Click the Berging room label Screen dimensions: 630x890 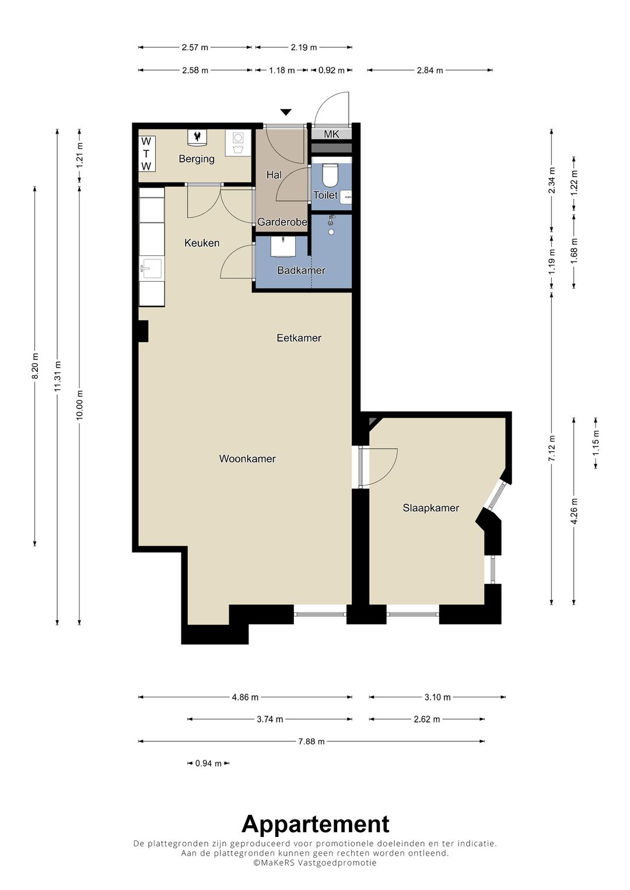[197, 159]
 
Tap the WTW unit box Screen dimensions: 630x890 [146, 153]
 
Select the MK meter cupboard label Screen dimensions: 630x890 [331, 134]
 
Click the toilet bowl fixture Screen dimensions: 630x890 [330, 175]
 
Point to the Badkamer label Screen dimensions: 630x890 [301, 270]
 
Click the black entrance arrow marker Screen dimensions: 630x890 [286, 112]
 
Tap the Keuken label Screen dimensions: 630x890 [202, 243]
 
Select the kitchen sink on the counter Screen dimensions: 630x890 [151, 269]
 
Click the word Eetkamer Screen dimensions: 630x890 [299, 338]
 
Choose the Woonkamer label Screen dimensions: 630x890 [247, 459]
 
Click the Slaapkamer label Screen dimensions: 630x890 [430, 508]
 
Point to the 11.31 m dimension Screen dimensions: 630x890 [58, 376]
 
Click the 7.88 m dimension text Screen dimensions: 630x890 [311, 741]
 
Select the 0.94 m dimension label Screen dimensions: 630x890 [208, 764]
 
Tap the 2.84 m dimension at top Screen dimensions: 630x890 [429, 71]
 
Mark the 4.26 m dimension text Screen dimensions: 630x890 [574, 511]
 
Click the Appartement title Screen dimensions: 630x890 [316, 824]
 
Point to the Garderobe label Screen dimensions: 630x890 [282, 222]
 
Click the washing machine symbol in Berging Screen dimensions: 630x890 [238, 143]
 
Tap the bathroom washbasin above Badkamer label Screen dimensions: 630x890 [283, 247]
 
